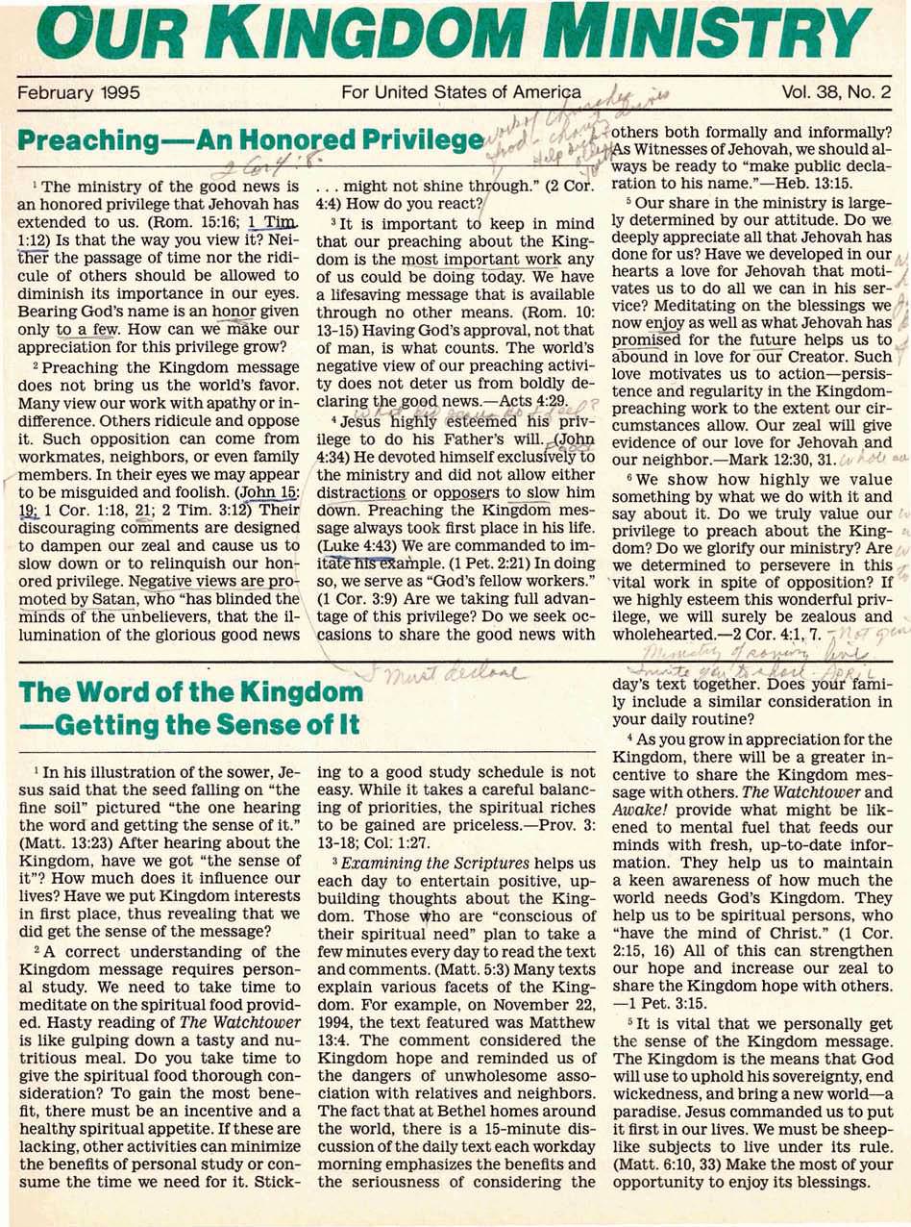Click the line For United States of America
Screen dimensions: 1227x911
pyautogui.click(x=461, y=93)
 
